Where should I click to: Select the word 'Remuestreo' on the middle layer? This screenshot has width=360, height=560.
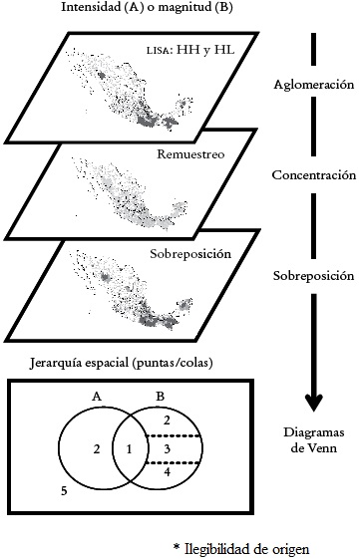[189, 154]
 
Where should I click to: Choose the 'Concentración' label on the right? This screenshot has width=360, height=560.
[314, 175]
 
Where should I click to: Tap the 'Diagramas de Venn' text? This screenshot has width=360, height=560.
[314, 440]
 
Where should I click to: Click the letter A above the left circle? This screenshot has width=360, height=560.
[97, 397]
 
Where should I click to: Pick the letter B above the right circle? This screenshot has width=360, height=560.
[162, 397]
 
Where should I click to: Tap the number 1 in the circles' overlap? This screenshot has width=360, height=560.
[129, 450]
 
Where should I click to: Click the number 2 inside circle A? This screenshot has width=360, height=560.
[95, 450]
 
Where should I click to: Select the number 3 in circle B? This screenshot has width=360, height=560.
[168, 450]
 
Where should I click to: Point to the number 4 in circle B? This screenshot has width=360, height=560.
[168, 472]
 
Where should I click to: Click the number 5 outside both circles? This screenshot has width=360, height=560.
[63, 491]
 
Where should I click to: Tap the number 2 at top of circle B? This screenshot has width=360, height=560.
[168, 421]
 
